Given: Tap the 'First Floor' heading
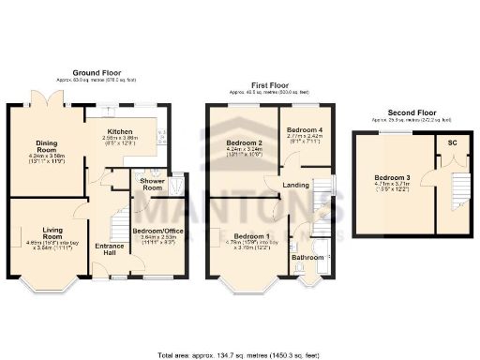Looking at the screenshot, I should coord(261,84).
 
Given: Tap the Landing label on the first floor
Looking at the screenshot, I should coord(296,186).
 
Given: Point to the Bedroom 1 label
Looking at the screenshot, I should coord(251,235).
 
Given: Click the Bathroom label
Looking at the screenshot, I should coord(307,256).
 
